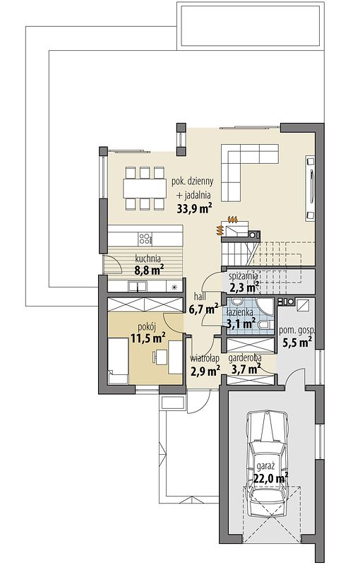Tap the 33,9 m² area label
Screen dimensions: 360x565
193,208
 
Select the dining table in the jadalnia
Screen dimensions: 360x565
143,187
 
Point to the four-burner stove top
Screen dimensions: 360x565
145,238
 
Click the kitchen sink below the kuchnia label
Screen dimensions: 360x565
137,287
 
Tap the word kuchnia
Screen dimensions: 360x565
148,258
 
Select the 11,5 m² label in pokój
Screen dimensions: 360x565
148,338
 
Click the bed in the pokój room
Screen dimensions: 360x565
119,361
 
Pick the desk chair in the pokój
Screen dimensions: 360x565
155,357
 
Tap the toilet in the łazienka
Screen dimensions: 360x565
264,325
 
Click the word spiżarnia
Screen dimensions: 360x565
244,276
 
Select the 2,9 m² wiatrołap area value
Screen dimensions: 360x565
205,371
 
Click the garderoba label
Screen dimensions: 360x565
245,358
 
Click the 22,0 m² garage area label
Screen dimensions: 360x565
271,479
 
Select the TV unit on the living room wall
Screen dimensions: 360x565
310,188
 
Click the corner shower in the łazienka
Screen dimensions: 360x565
265,306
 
